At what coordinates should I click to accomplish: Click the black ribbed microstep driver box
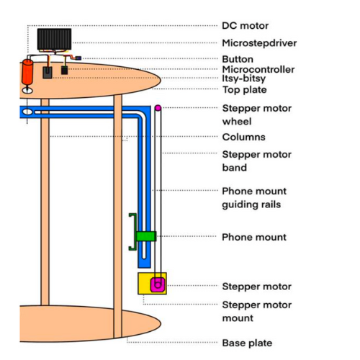click(x=54, y=40)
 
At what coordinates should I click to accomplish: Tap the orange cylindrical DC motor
click(x=27, y=72)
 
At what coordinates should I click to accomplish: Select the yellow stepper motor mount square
click(x=152, y=284)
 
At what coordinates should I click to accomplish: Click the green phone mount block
click(x=146, y=236)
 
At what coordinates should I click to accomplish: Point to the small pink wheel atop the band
click(x=158, y=108)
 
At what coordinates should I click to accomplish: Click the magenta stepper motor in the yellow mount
click(x=158, y=284)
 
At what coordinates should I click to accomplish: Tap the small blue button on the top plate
click(x=78, y=58)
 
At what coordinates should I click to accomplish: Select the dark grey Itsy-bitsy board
click(x=48, y=73)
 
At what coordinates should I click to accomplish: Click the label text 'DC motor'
click(x=245, y=26)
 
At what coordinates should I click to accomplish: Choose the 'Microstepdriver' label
click(x=259, y=43)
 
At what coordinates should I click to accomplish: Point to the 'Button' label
click(x=238, y=59)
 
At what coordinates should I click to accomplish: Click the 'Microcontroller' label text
click(x=258, y=69)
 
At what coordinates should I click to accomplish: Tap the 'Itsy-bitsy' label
click(x=244, y=78)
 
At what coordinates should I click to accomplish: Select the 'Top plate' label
click(x=245, y=90)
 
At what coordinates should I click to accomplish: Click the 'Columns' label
click(x=244, y=137)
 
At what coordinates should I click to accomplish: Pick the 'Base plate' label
click(x=247, y=343)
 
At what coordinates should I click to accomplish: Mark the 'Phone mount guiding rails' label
click(x=254, y=198)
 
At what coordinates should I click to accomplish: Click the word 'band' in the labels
click(x=235, y=168)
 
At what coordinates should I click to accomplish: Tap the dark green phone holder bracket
click(x=133, y=232)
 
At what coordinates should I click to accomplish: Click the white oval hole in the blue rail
click(x=27, y=112)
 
